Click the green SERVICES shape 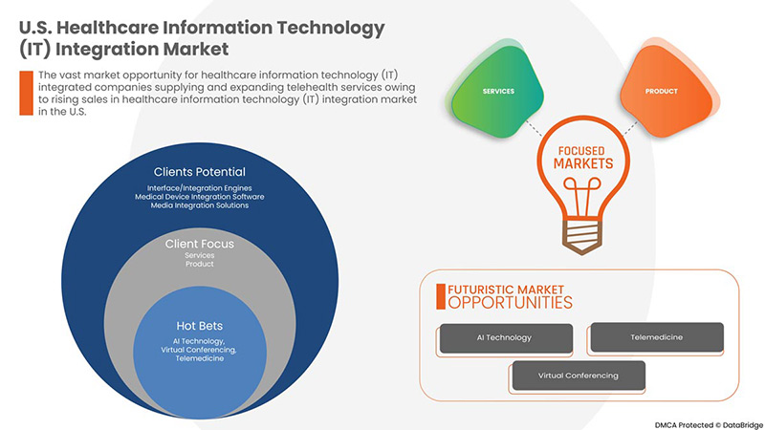coord(496,91)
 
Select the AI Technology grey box coord(506,337)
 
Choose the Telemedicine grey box coord(657,337)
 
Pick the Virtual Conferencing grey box coord(579,376)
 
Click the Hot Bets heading coord(200,326)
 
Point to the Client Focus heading coord(200,244)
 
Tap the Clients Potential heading coord(200,172)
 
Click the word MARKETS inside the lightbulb coord(583,163)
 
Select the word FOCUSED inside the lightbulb coord(581,151)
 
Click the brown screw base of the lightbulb coord(581,238)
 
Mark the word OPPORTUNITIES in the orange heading coord(511,303)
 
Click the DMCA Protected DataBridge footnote coord(709,424)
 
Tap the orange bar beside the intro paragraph coord(27,93)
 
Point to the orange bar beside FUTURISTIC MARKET coord(441,296)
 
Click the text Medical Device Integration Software coord(200,197)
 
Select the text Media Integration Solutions coord(200,205)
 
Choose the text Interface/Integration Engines coord(200,187)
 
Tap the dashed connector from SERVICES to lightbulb coord(534,128)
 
